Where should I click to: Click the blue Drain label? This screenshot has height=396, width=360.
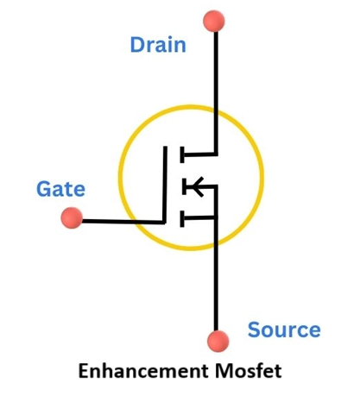click(x=158, y=45)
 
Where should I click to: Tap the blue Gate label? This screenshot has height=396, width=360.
click(x=60, y=188)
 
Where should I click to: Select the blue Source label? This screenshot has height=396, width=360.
click(x=283, y=330)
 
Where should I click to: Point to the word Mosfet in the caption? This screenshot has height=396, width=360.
click(x=252, y=371)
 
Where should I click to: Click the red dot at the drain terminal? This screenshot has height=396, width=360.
click(x=215, y=19)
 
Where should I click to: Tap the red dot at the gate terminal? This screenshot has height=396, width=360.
click(x=73, y=218)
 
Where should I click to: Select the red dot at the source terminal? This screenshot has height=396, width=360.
click(x=217, y=341)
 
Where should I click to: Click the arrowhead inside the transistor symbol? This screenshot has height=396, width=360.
click(x=195, y=185)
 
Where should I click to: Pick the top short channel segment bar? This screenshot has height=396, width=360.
click(x=182, y=154)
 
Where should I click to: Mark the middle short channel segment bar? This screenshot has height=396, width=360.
click(x=182, y=185)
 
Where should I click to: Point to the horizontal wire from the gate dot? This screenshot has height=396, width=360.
click(x=121, y=220)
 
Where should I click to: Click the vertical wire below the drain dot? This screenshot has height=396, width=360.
click(x=216, y=78)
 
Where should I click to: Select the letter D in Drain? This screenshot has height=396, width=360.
click(x=138, y=45)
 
